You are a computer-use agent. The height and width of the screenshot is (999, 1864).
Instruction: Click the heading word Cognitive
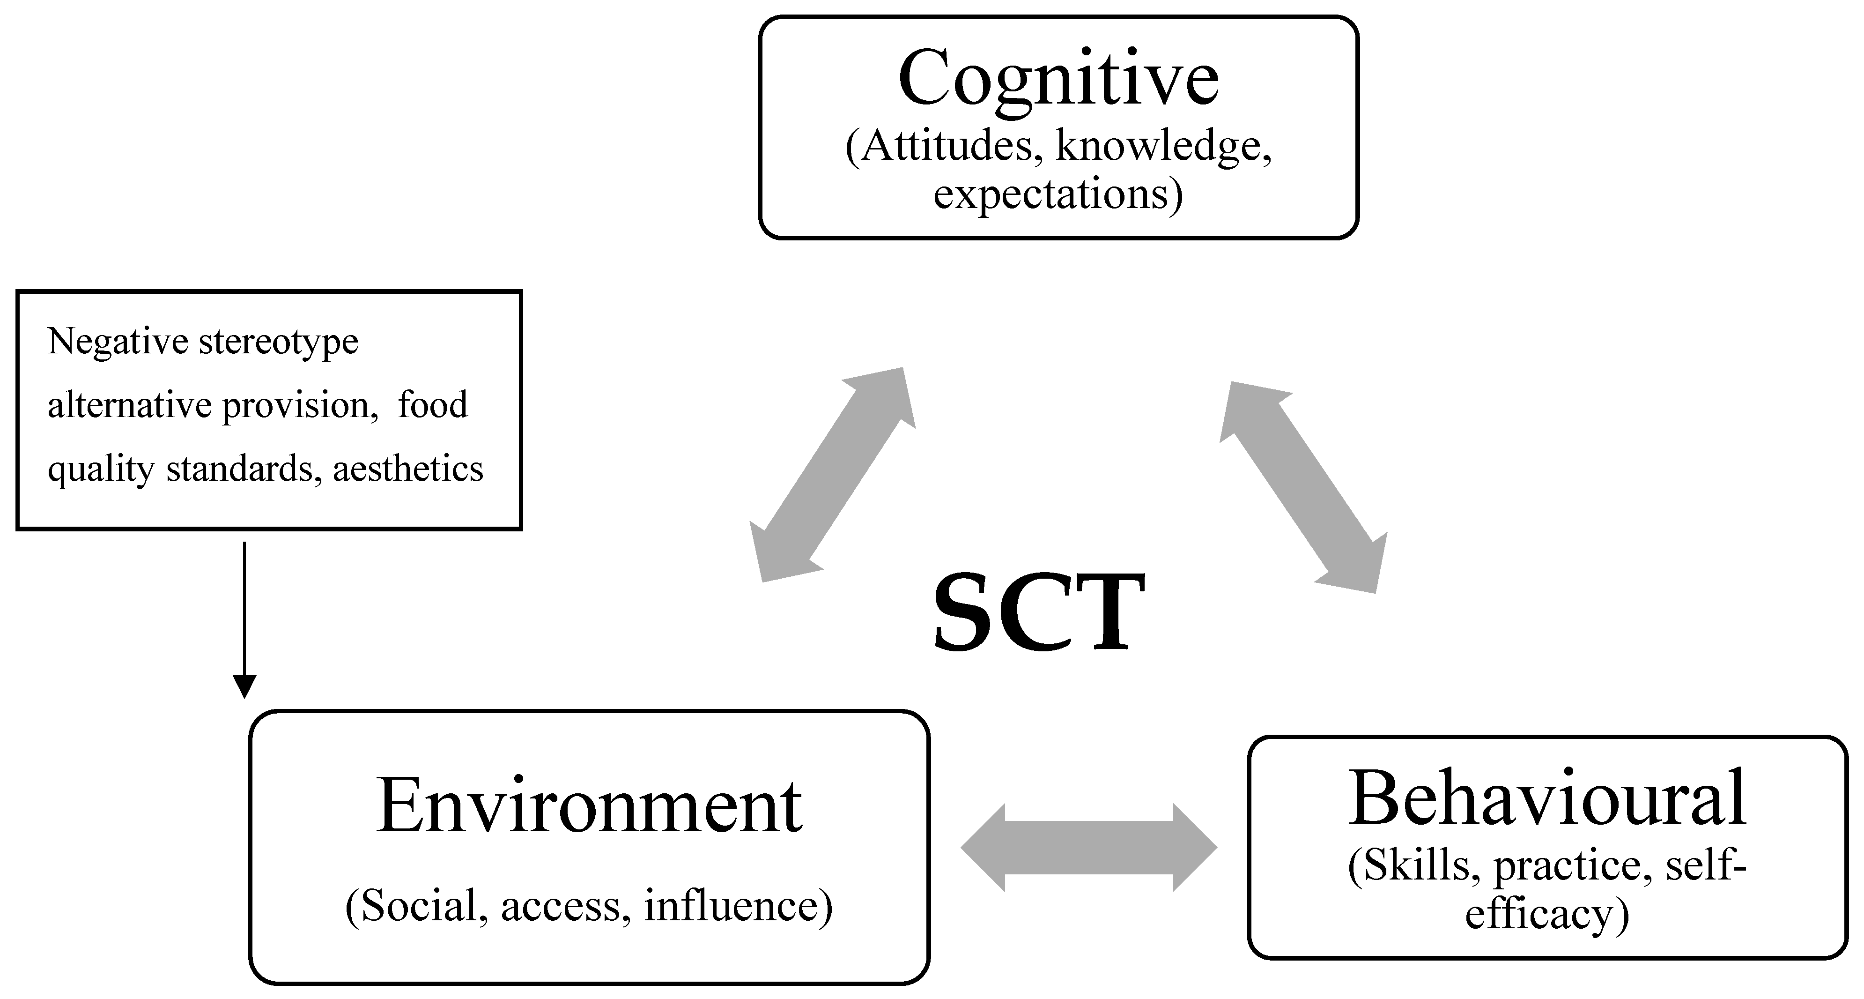[x=1058, y=80]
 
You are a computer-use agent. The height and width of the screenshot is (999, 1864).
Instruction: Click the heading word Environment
[x=589, y=806]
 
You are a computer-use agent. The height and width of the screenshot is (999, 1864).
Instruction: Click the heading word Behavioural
[x=1547, y=798]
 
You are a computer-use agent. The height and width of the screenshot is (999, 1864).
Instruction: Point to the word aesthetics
[x=408, y=469]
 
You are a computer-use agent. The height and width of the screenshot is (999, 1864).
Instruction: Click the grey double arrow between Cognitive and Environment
[x=833, y=474]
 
